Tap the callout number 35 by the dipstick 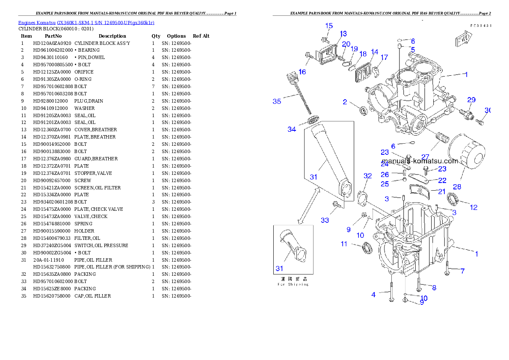click(x=277, y=101)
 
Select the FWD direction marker click(x=463, y=40)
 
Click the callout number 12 click(x=473, y=207)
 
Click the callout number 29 click(x=471, y=100)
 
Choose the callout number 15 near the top click(x=329, y=26)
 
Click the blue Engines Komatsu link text click(x=86, y=22)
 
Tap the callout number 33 click(x=325, y=220)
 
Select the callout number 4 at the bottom click(x=373, y=295)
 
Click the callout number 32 click(x=367, y=176)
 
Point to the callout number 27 click(x=425, y=156)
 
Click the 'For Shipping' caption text click(x=293, y=284)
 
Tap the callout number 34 click(x=292, y=129)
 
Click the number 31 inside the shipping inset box click(x=279, y=269)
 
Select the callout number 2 click(x=345, y=102)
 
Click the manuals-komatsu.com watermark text click(x=420, y=161)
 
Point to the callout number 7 click(x=462, y=271)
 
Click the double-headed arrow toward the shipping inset click(x=309, y=206)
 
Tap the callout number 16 click(x=302, y=72)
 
